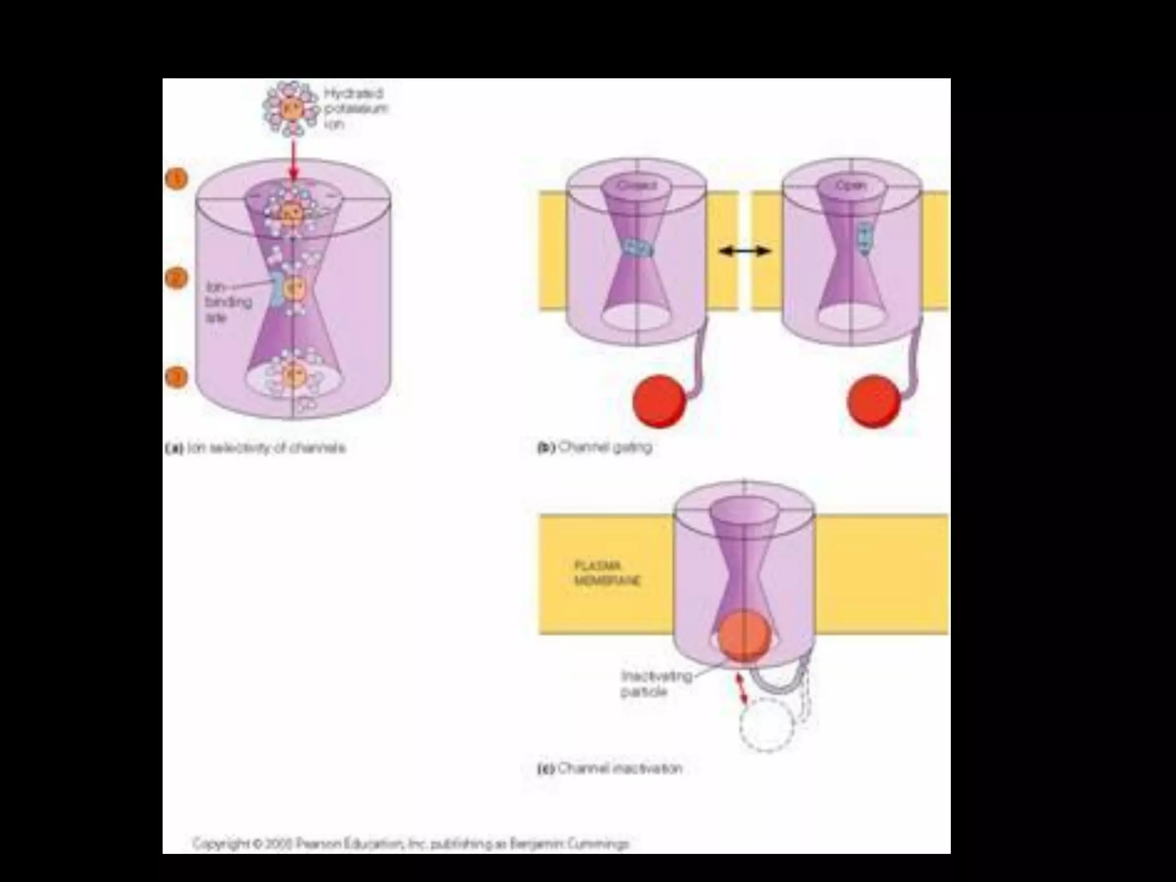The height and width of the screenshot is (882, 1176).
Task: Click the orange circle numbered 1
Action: tap(177, 179)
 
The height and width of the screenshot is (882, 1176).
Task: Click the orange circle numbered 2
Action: tap(177, 278)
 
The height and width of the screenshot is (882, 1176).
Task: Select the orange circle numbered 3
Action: tap(177, 377)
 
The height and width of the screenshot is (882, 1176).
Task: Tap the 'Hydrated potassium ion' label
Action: tap(354, 108)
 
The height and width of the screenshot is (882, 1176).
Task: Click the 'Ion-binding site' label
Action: tap(228, 302)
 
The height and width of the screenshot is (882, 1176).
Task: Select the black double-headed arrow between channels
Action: tap(745, 250)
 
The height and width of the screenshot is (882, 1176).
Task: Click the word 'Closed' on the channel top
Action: tap(636, 185)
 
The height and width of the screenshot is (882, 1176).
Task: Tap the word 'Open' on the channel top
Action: tap(851, 185)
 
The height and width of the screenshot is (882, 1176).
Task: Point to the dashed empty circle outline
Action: tap(767, 725)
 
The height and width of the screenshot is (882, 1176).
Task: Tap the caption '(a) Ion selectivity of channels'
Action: tap(256, 448)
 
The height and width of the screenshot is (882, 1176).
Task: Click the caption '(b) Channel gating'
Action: tap(594, 447)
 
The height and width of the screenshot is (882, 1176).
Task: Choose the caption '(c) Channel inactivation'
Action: tap(610, 768)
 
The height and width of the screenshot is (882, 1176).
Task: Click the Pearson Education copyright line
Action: tap(411, 844)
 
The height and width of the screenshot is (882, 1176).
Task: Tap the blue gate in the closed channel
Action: tap(637, 248)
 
